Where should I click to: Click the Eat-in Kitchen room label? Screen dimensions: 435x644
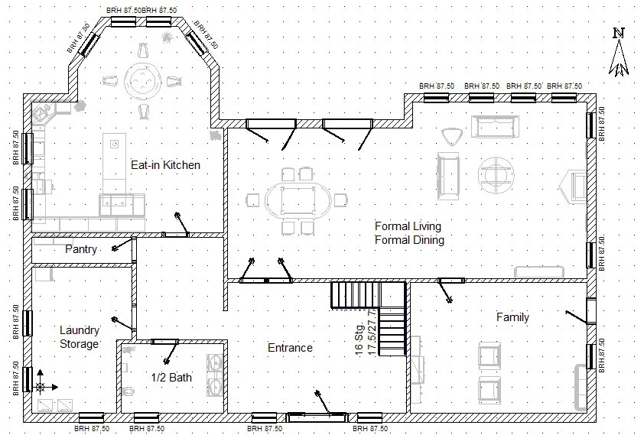point(165,164)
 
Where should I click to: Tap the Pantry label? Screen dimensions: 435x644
point(80,249)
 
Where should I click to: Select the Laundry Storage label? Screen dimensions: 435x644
point(80,337)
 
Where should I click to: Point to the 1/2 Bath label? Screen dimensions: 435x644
point(171,377)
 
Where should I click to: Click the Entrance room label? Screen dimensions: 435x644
point(290,348)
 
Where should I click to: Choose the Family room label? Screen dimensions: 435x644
point(512,317)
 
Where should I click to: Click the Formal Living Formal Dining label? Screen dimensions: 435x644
point(409,232)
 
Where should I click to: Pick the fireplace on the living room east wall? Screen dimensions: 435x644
point(574,185)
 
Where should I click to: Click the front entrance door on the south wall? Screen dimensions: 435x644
point(315,416)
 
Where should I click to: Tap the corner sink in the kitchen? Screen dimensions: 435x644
point(42,115)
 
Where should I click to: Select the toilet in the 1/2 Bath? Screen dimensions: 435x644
point(128,392)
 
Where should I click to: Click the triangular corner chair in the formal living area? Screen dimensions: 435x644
point(452,136)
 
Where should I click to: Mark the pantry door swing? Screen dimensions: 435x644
point(119,246)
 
